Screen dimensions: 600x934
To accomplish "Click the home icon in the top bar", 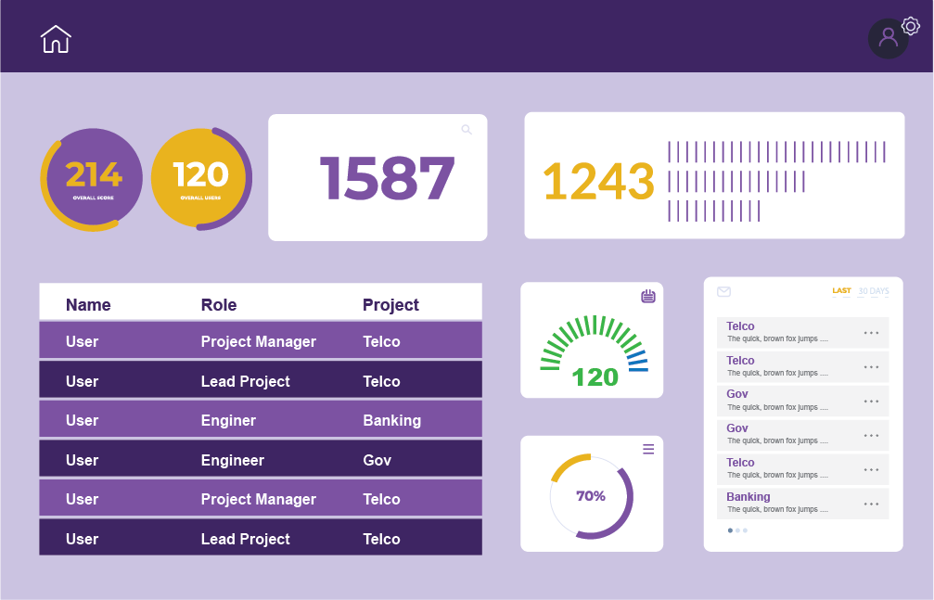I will (x=56, y=39).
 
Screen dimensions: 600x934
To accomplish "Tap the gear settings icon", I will (x=910, y=26).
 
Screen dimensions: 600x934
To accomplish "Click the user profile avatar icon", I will (x=888, y=38).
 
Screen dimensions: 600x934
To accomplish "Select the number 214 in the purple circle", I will (x=93, y=174).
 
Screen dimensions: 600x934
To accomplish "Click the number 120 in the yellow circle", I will (x=200, y=174).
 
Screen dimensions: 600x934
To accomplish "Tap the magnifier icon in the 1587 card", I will (x=467, y=130).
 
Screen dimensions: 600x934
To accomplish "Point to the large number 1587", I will (x=387, y=178).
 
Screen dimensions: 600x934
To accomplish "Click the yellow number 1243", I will (x=598, y=181).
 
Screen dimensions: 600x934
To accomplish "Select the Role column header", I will (x=219, y=305).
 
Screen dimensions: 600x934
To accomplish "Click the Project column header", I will (x=390, y=305).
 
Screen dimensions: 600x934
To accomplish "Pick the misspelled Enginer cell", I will (x=228, y=420).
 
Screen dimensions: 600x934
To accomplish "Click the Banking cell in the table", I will (x=391, y=420).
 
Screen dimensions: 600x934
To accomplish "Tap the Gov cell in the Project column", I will (x=377, y=460).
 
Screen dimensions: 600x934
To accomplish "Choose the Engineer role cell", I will (x=232, y=460).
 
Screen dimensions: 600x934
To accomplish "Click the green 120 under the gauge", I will (x=595, y=377).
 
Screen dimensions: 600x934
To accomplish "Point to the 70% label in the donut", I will (x=591, y=496).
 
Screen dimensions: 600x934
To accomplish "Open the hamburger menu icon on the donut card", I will (x=648, y=449).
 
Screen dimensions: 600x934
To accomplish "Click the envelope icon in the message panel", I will (x=724, y=291).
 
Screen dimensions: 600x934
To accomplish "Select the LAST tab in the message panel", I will (x=841, y=291).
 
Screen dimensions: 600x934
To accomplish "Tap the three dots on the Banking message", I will (x=871, y=504).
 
